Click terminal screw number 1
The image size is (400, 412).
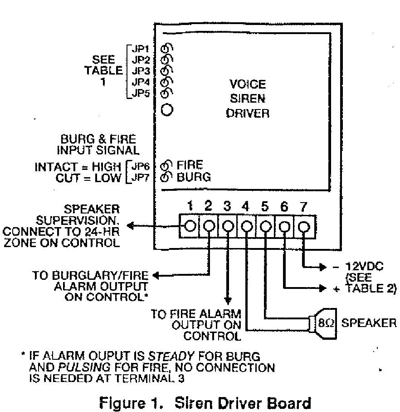[x=191, y=225]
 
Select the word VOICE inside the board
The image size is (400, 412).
[x=247, y=85]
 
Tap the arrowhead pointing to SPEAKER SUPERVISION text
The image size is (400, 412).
[x=130, y=226]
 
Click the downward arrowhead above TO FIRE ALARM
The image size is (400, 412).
[x=228, y=301]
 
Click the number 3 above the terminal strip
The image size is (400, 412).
[x=227, y=207]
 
